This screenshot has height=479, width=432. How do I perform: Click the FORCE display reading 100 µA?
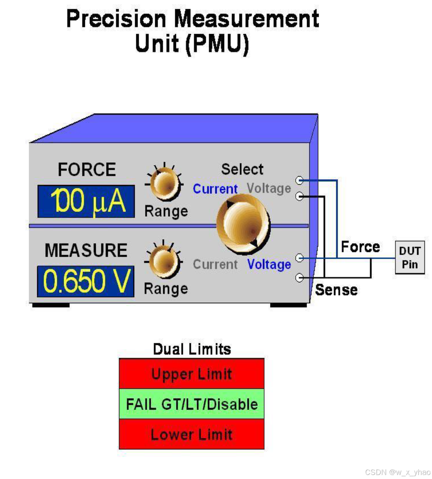pos(86,201)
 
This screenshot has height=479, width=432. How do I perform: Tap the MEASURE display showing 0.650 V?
pos(85,281)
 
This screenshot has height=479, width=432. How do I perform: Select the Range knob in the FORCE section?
pos(165,184)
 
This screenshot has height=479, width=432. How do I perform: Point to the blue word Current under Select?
pos(215,189)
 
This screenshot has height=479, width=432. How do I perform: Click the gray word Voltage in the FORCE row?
pos(268,188)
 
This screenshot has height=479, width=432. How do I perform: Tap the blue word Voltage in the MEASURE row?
pos(269,264)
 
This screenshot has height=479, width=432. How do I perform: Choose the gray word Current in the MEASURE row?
pos(215,264)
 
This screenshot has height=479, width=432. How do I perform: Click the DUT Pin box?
pos(410,258)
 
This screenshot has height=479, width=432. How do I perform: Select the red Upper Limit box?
pos(192,374)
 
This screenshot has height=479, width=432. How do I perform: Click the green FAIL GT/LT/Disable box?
pos(192,404)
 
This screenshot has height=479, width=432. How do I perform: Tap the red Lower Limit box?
pos(192,434)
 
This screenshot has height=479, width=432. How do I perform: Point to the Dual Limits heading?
pos(192,349)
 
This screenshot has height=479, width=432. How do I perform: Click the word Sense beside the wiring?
pos(336,290)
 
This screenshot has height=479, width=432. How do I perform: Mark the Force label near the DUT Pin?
pos(360,247)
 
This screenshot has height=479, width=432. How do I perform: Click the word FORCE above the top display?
pos(87,169)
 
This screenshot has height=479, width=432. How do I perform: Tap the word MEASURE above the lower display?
pos(86,250)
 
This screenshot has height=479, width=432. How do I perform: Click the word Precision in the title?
pos(116,19)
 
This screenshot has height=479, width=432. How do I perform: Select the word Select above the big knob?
pos(242,169)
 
